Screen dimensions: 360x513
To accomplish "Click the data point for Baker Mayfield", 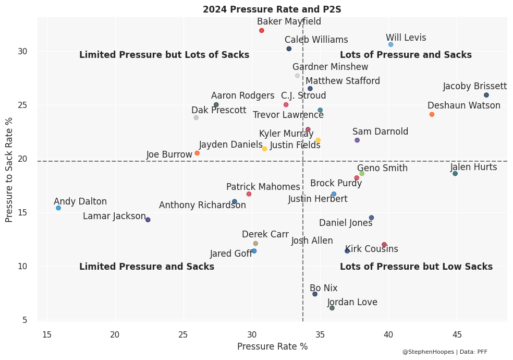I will click(x=262, y=31).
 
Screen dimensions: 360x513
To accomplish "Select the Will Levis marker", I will click(x=391, y=45).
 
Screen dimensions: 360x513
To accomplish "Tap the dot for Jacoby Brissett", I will click(x=486, y=95).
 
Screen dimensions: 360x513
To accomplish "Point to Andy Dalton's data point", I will click(x=58, y=208).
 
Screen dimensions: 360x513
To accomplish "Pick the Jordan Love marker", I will click(x=332, y=308).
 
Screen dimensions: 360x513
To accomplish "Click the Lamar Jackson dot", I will click(x=148, y=220).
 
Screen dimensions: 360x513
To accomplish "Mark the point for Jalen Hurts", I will click(x=455, y=174).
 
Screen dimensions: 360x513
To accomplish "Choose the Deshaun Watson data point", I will click(x=432, y=115).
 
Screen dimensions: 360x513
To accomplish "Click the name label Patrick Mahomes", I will click(x=263, y=187).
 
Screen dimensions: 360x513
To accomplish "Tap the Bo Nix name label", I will click(x=323, y=288).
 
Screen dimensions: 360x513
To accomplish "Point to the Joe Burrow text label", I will click(x=169, y=155).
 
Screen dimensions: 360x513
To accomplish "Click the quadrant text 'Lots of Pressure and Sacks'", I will click(x=406, y=55).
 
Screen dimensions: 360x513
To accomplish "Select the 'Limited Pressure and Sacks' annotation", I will click(x=146, y=267).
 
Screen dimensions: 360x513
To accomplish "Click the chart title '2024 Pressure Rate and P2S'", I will click(x=272, y=9).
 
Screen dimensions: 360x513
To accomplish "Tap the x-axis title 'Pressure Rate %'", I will click(x=272, y=346).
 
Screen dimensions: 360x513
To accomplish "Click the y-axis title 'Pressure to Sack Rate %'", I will click(x=9, y=170).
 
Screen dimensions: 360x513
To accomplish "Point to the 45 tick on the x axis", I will click(x=457, y=334).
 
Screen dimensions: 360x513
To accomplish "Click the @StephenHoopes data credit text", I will click(x=445, y=352).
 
